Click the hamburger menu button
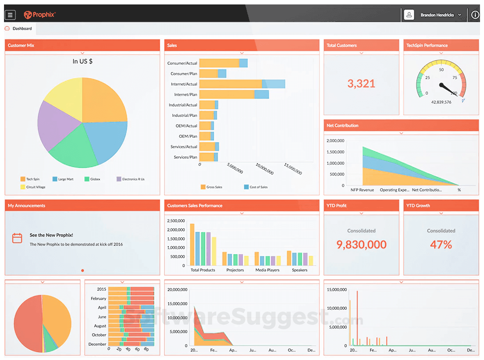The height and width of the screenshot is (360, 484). pyautogui.click(x=10, y=15)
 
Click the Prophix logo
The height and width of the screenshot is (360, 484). pyautogui.click(x=40, y=15)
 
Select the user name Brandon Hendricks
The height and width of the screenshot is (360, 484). pyautogui.click(x=437, y=15)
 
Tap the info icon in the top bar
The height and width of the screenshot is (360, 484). pyautogui.click(x=475, y=15)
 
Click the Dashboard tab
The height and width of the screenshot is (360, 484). pyautogui.click(x=22, y=28)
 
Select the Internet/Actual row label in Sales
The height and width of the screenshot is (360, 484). pyautogui.click(x=184, y=84)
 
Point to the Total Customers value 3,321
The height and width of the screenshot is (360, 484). pyautogui.click(x=361, y=84)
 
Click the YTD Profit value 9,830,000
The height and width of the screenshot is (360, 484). pyautogui.click(x=361, y=244)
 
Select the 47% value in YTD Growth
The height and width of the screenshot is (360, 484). pyautogui.click(x=441, y=244)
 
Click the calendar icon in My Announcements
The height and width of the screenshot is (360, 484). pyautogui.click(x=17, y=238)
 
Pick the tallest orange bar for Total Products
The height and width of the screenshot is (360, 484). pyautogui.click(x=192, y=244)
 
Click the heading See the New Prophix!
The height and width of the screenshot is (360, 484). pyautogui.click(x=51, y=235)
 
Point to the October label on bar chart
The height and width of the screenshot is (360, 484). pyautogui.click(x=99, y=335)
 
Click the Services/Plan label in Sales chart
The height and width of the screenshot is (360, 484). pyautogui.click(x=185, y=157)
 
